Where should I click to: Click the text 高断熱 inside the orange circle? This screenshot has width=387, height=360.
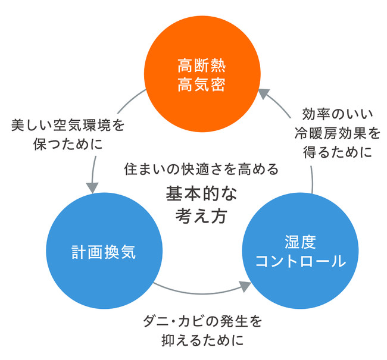tap(193, 64)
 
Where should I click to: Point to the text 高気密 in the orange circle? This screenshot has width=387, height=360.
tap(193, 85)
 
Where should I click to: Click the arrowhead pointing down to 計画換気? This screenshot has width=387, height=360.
tap(92, 186)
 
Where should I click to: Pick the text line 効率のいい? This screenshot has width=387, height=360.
tap(331, 113)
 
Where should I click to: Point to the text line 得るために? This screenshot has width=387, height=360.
tap(332, 151)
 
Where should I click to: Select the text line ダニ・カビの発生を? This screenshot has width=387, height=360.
tap(201, 321)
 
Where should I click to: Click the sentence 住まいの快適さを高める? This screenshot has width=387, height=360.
tap(201, 169)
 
